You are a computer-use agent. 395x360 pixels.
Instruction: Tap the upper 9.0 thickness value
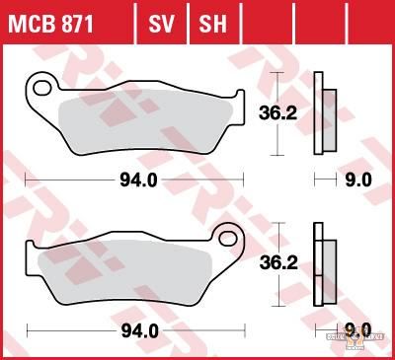[x=357, y=180]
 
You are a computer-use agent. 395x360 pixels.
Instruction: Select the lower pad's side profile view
[x=321, y=265]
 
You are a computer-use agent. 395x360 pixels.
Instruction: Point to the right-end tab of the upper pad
[x=239, y=98]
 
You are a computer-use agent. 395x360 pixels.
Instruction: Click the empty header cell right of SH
[x=254, y=21]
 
